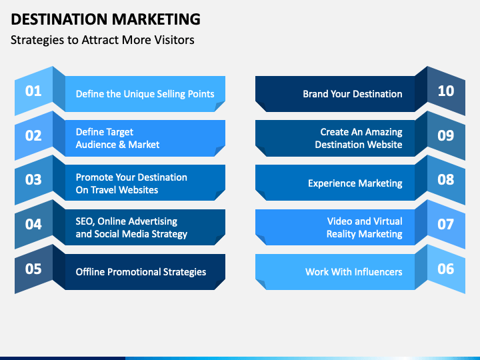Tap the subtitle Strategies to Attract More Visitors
tap(103, 39)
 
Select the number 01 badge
tap(33, 91)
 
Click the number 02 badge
tap(33, 135)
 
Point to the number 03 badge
tap(33, 179)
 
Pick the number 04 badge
tap(33, 224)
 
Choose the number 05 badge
tap(33, 269)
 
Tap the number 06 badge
tap(445, 269)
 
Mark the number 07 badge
tap(445, 224)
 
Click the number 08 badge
tap(445, 179)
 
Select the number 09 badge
tap(445, 135)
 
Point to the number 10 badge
tap(445, 91)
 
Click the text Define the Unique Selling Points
tap(145, 94)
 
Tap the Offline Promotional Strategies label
tap(141, 272)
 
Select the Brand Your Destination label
tap(352, 94)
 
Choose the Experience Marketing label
tap(355, 183)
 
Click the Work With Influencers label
tap(353, 272)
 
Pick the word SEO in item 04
tap(84, 221)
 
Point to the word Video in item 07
tap(339, 221)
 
